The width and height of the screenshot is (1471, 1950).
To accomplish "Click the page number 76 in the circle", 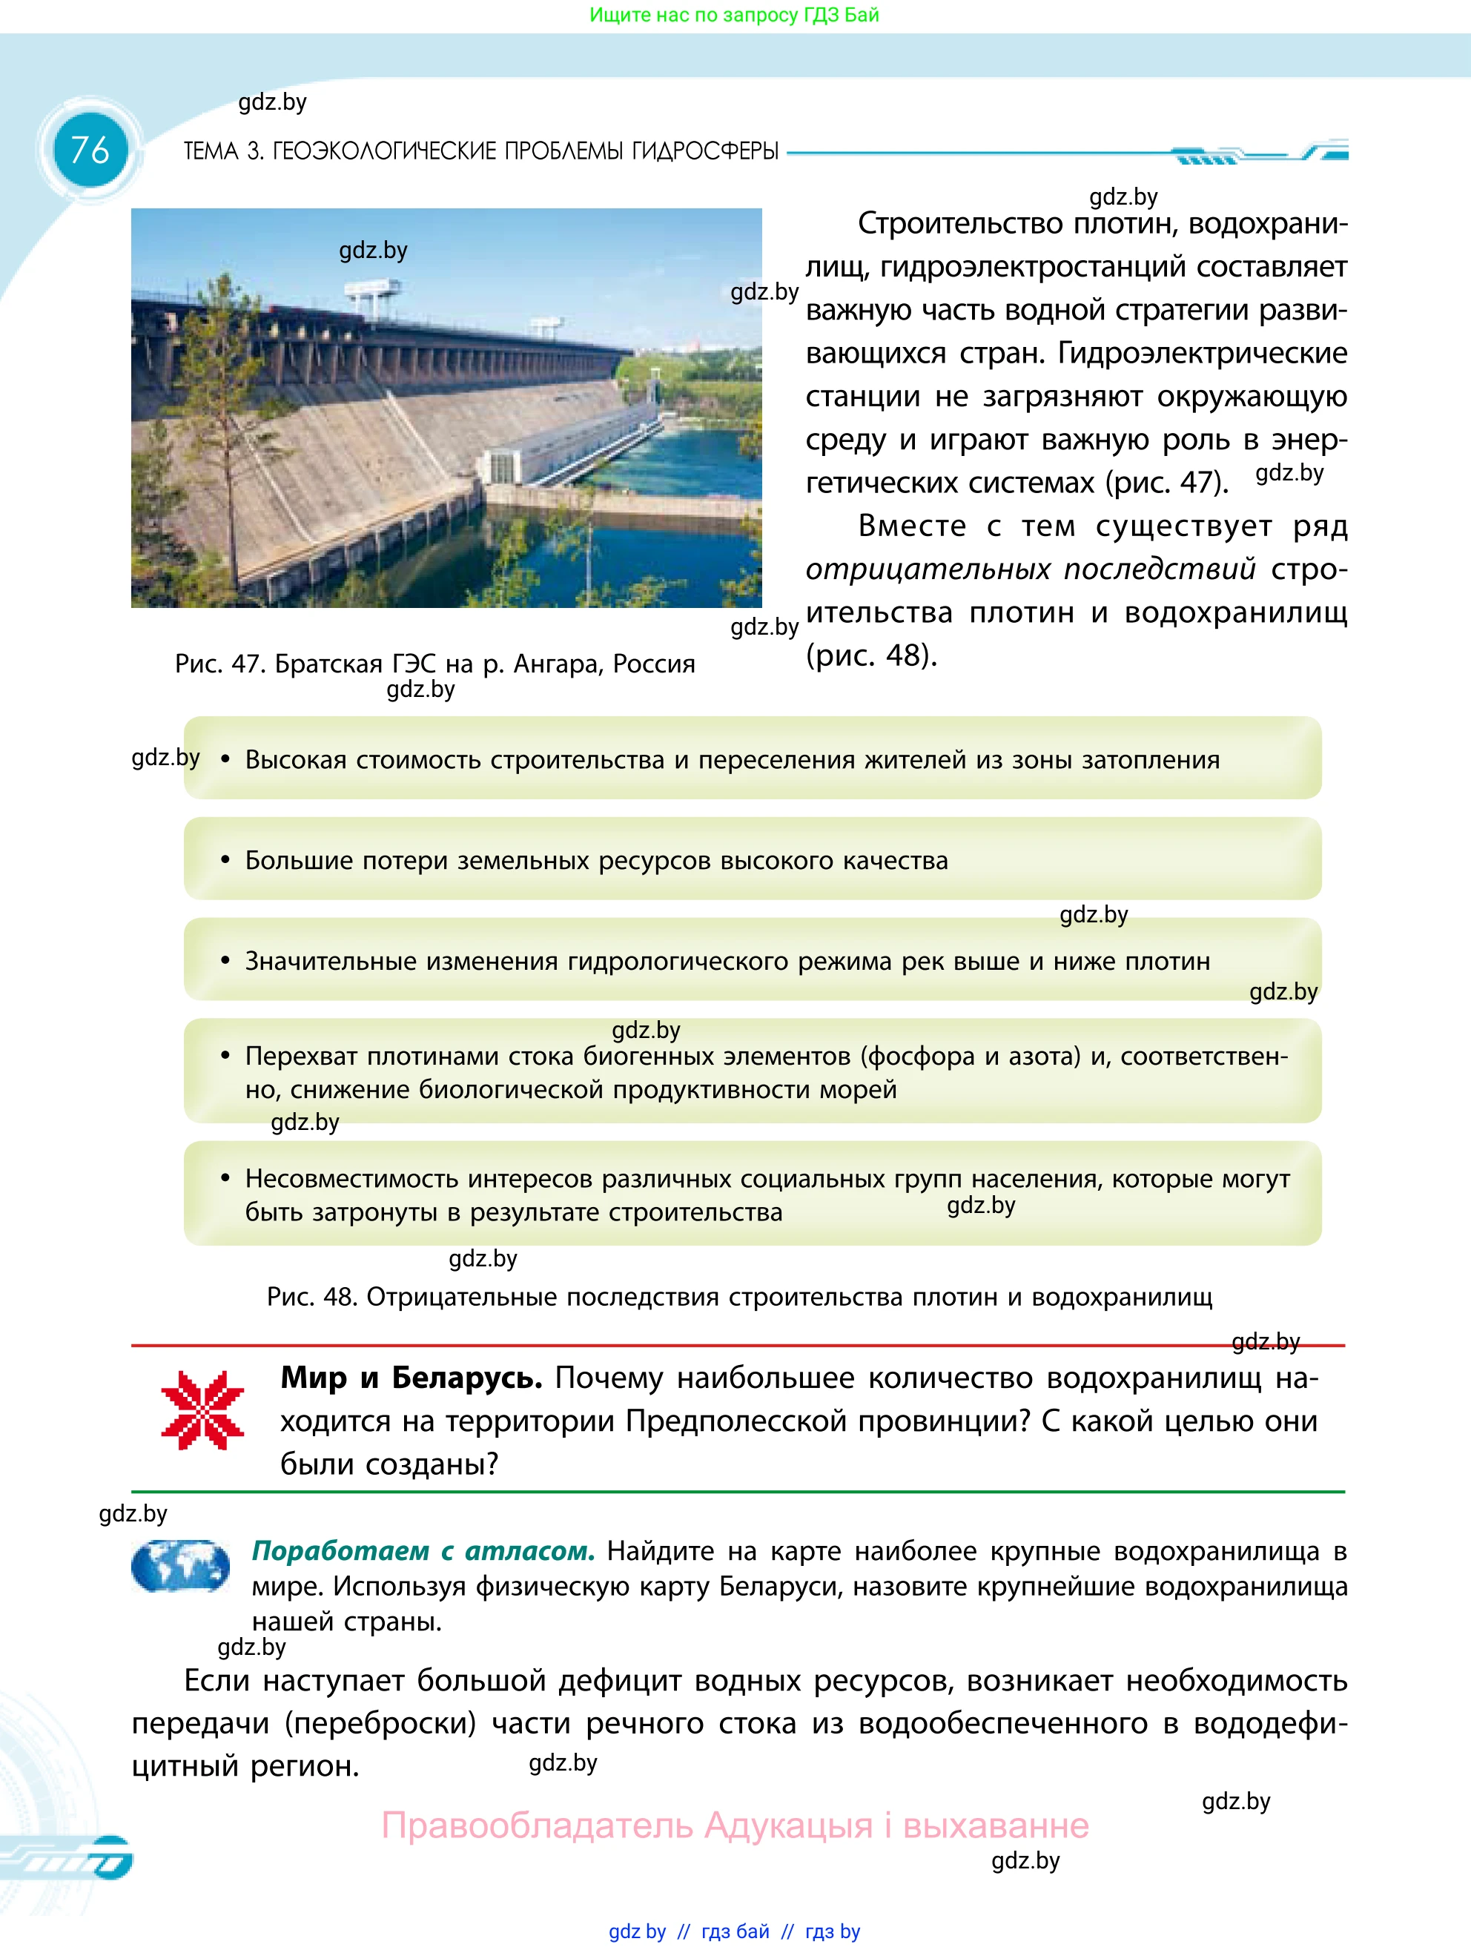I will pyautogui.click(x=90, y=150).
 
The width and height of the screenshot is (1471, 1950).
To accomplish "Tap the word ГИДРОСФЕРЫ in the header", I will pyautogui.click(x=704, y=152).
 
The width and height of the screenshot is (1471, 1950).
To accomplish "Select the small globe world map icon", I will pyautogui.click(x=181, y=1567).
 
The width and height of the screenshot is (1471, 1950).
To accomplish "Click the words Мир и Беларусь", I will pyautogui.click(x=411, y=1378).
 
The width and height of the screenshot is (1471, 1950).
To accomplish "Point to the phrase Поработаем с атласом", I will pyautogui.click(x=423, y=1550).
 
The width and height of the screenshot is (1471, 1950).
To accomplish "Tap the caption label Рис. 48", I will pyautogui.click(x=311, y=1297).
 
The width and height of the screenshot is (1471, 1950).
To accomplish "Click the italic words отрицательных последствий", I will pyautogui.click(x=1031, y=569).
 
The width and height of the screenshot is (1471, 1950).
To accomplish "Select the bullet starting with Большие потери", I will pyautogui.click(x=596, y=860).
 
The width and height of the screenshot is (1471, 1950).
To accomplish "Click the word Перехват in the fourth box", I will pyautogui.click(x=300, y=1056).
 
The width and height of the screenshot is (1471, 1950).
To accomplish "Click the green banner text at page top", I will pyautogui.click(x=734, y=15).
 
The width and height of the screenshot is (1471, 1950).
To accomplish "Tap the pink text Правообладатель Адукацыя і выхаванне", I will pyautogui.click(x=734, y=1825).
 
